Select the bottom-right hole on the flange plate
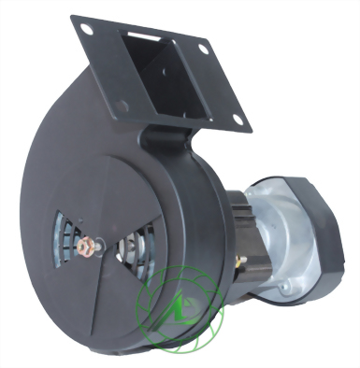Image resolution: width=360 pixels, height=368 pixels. click(238, 120)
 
